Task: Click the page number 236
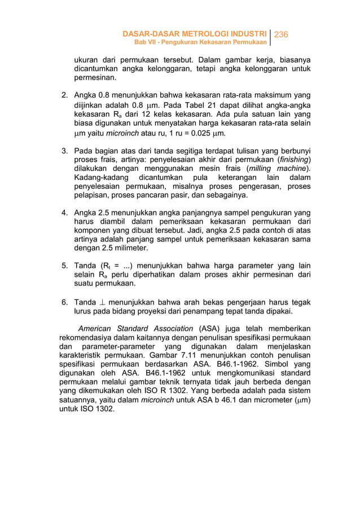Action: coord(281,35)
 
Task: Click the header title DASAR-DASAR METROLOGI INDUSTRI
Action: coord(195,35)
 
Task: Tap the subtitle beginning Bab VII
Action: coord(199,43)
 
